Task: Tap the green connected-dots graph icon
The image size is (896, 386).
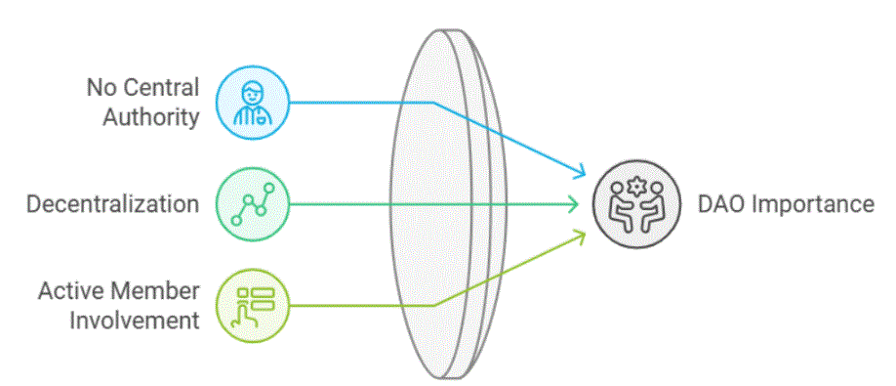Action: (x=253, y=204)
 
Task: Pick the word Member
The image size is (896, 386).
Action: (x=154, y=291)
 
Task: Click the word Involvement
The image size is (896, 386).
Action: (x=131, y=320)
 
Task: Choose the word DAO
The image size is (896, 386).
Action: (x=721, y=204)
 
